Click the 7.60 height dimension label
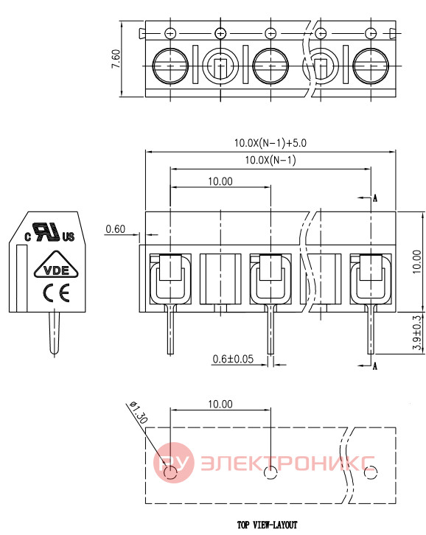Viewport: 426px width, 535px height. tap(116, 59)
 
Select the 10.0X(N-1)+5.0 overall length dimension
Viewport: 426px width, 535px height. tap(270, 143)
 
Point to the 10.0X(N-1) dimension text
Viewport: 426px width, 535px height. tap(270, 160)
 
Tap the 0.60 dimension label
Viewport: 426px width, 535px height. tap(116, 229)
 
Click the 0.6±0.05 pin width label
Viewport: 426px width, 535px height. tap(233, 359)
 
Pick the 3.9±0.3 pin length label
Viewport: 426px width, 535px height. tap(417, 332)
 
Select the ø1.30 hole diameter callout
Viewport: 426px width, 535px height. tap(139, 412)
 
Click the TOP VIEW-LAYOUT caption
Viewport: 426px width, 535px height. tap(268, 525)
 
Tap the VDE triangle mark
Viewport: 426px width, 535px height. tap(56, 266)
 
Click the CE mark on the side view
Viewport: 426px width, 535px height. tap(56, 293)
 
